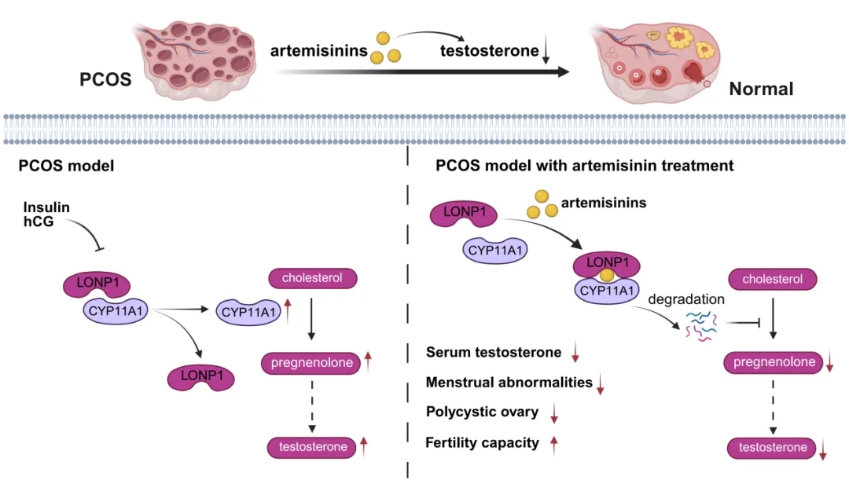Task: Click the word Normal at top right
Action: (x=761, y=89)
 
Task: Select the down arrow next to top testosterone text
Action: (x=546, y=53)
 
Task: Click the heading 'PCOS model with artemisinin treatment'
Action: (x=584, y=166)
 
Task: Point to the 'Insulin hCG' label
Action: (x=46, y=215)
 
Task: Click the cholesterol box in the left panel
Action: (x=313, y=278)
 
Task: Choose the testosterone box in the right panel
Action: (x=773, y=448)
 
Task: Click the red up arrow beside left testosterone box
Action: (x=363, y=447)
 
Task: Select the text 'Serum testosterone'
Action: (x=494, y=353)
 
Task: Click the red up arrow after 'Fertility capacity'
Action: (x=554, y=445)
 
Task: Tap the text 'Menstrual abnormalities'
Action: (x=509, y=383)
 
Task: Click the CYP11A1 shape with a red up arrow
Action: (x=248, y=313)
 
